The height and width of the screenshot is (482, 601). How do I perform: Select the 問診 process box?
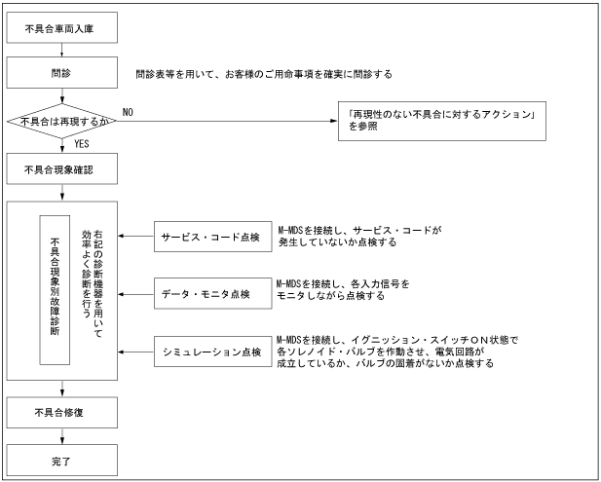(x=64, y=72)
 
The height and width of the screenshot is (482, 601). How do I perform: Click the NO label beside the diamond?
(x=128, y=111)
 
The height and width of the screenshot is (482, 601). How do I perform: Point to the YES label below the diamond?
(x=84, y=144)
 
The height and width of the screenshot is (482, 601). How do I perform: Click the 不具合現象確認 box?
(x=64, y=169)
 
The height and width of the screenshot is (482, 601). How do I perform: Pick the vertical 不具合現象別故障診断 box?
(x=54, y=290)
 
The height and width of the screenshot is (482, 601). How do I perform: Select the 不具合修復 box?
(x=64, y=413)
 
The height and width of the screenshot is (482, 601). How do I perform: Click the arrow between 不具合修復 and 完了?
(x=64, y=434)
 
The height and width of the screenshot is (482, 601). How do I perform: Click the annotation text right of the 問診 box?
(x=264, y=73)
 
